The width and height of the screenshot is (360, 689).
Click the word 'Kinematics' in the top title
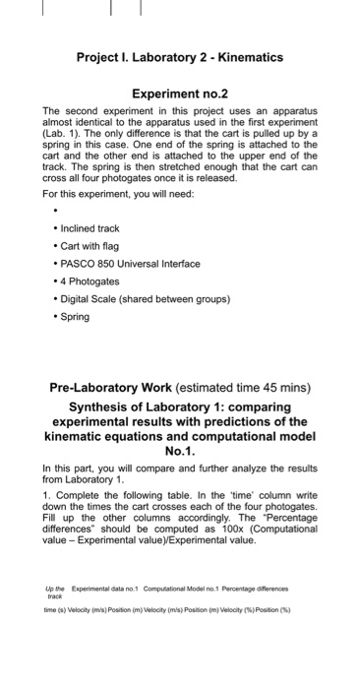246,57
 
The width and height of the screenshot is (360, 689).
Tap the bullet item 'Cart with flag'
94,246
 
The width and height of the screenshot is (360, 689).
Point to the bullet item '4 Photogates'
91,282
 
